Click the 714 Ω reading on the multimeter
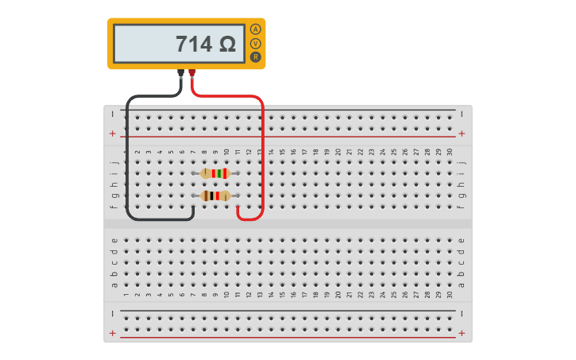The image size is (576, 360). pyautogui.click(x=205, y=45)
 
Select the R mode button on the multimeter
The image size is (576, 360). pyautogui.click(x=255, y=57)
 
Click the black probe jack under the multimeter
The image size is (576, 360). pyautogui.click(x=181, y=72)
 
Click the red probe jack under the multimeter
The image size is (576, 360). pyautogui.click(x=191, y=72)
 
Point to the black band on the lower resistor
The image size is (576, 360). pyautogui.click(x=211, y=195)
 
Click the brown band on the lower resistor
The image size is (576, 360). pyautogui.click(x=206, y=195)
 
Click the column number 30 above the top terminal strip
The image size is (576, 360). pyautogui.click(x=450, y=152)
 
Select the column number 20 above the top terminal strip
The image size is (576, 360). pyautogui.click(x=338, y=152)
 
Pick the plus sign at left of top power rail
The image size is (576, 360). pyautogui.click(x=113, y=134)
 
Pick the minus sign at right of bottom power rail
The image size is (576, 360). pyautogui.click(x=462, y=313)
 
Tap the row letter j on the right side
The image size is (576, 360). pyautogui.click(x=462, y=162)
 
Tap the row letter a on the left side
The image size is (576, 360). pyautogui.click(x=114, y=285)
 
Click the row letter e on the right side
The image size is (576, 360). pyautogui.click(x=462, y=240)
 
